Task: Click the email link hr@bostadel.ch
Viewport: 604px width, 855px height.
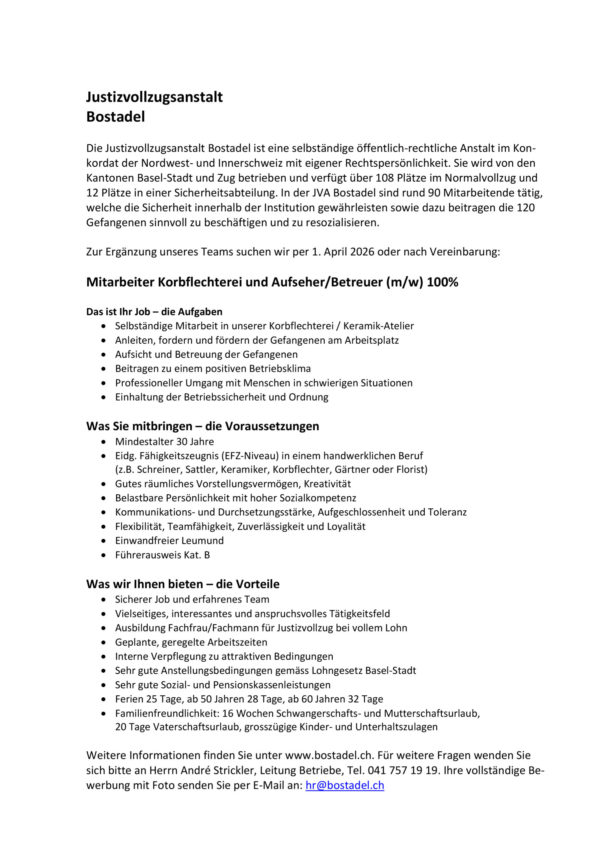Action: coord(345,785)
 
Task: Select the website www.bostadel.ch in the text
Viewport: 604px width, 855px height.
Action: coord(329,755)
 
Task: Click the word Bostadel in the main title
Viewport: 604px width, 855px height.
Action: coord(116,117)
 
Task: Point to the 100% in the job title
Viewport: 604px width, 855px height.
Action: coord(442,282)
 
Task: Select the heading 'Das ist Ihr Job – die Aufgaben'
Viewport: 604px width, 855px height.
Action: coord(154,312)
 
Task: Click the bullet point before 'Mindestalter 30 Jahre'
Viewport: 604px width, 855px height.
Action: coord(103,442)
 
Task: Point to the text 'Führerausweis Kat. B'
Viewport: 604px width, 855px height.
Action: coord(162,555)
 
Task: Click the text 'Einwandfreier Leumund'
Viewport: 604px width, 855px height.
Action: coord(169,541)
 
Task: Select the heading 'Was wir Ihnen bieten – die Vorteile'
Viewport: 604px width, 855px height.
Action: coord(183,584)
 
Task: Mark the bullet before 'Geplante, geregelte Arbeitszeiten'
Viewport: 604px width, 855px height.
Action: coord(103,643)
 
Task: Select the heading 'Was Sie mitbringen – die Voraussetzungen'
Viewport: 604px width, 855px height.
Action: coord(202,426)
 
